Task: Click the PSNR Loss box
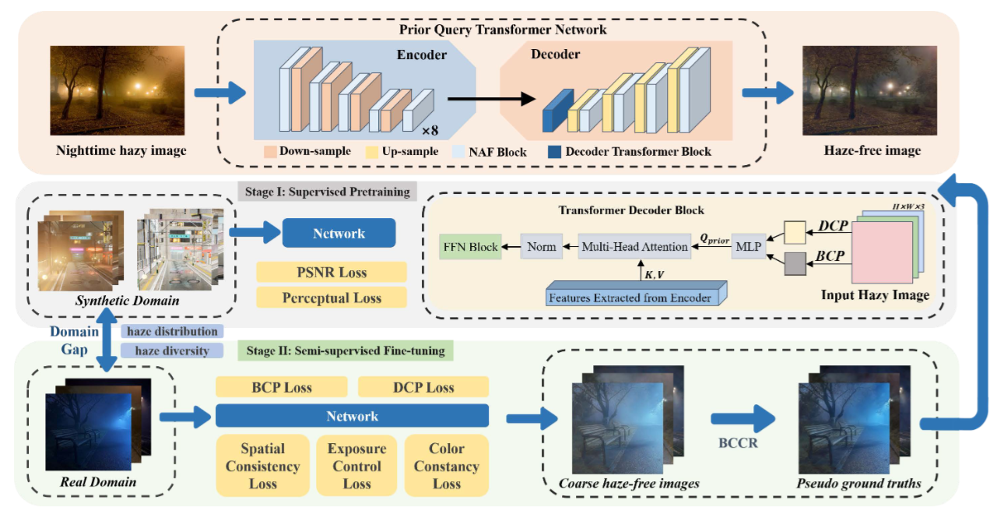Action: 331,273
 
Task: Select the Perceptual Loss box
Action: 331,297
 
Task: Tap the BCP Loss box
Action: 281,387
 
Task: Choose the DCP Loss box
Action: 423,387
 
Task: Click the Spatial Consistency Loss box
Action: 262,466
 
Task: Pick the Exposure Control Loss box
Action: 356,466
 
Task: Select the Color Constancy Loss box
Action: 446,466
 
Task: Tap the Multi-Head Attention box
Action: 635,247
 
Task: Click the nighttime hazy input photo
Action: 121,91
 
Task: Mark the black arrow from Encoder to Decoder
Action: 491,98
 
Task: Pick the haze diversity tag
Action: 172,350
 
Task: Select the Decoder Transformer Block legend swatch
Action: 553,151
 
